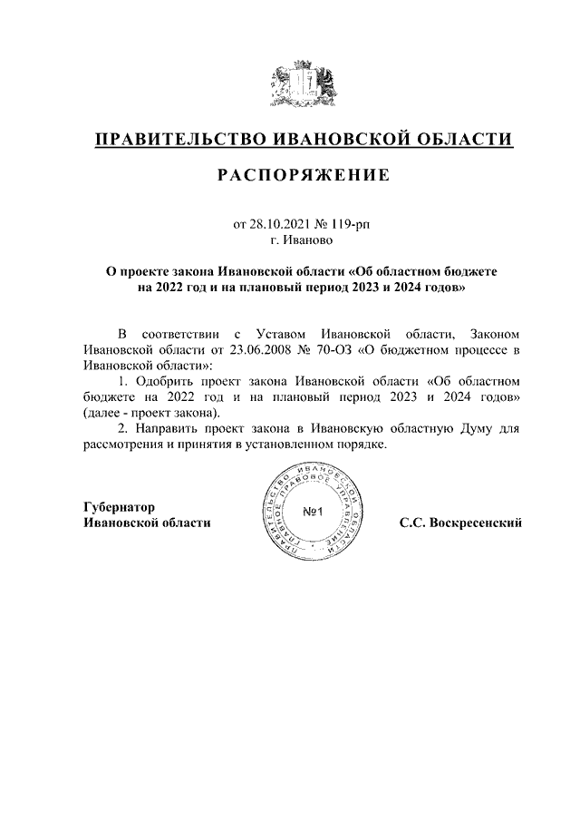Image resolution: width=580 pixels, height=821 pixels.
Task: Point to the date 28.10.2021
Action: click(x=278, y=224)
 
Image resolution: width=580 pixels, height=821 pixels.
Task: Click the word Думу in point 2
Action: click(x=478, y=430)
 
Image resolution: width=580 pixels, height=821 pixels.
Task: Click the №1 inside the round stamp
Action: click(x=313, y=513)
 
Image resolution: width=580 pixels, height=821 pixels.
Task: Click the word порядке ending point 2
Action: click(x=360, y=446)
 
